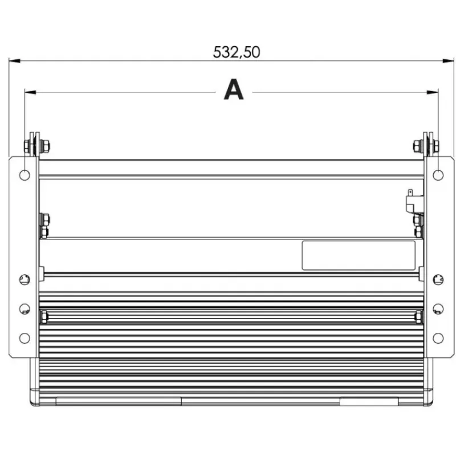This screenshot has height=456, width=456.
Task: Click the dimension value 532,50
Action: [x=237, y=52]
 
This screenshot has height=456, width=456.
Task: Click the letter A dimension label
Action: [x=234, y=89]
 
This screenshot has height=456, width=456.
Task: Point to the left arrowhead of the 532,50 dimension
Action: [x=15, y=61]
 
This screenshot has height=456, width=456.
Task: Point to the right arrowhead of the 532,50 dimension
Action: [x=448, y=61]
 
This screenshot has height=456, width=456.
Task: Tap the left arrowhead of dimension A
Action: [x=30, y=92]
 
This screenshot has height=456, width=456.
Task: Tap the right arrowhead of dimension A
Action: [x=433, y=92]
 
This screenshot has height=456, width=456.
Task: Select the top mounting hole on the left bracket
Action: [x=25, y=176]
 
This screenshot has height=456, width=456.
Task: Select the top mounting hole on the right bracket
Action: [x=438, y=176]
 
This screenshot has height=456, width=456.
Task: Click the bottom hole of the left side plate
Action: [x=25, y=338]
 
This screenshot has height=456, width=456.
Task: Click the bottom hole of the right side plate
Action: [x=438, y=338]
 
